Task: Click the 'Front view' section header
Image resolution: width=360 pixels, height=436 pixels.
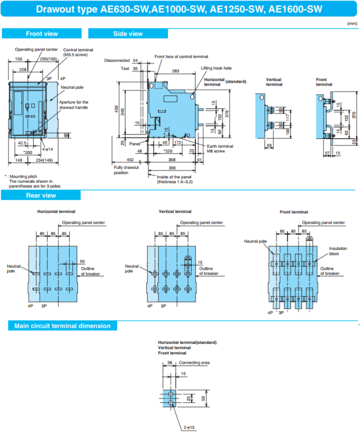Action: [41, 34]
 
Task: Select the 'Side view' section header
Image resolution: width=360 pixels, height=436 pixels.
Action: [128, 34]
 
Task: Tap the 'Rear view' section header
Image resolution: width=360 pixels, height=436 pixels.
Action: [41, 195]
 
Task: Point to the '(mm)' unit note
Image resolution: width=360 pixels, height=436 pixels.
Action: [352, 24]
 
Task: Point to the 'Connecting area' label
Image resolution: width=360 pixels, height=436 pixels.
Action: [194, 363]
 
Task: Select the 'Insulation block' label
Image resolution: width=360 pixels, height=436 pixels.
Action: [338, 251]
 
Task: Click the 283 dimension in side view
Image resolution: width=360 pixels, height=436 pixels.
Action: [174, 71]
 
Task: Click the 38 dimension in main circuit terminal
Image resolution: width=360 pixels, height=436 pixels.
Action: [170, 363]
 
